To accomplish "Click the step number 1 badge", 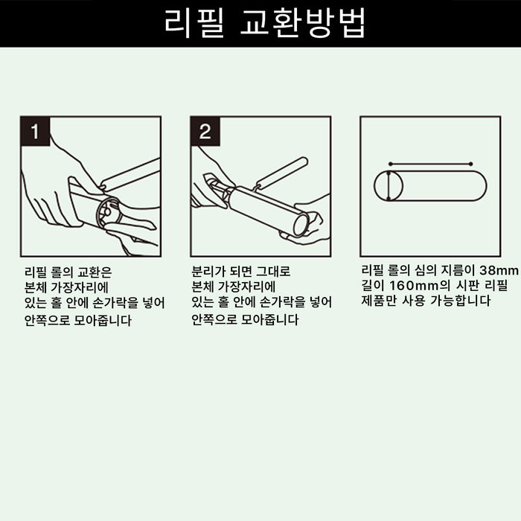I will tap(34, 132).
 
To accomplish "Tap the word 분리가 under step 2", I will tap(208, 271).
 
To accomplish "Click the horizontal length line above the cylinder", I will tap(430, 163).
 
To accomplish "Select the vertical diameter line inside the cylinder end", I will tap(388, 186).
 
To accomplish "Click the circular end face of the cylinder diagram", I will tap(389, 186).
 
